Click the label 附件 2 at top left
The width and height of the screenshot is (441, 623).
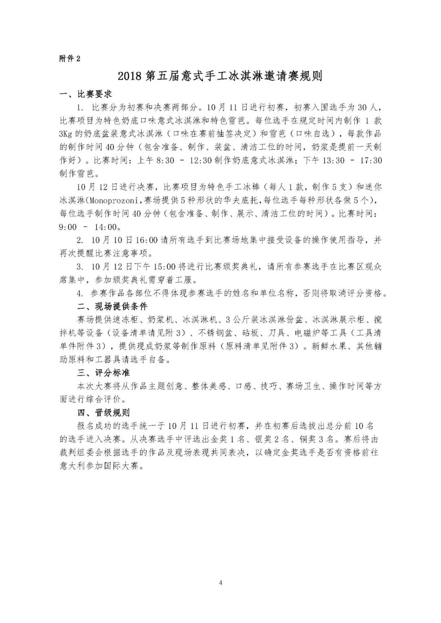(x=70, y=58)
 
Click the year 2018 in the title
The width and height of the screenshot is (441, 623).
(x=129, y=76)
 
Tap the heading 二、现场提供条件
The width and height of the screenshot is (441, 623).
(x=112, y=306)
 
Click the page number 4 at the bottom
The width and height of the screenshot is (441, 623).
(x=221, y=583)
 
